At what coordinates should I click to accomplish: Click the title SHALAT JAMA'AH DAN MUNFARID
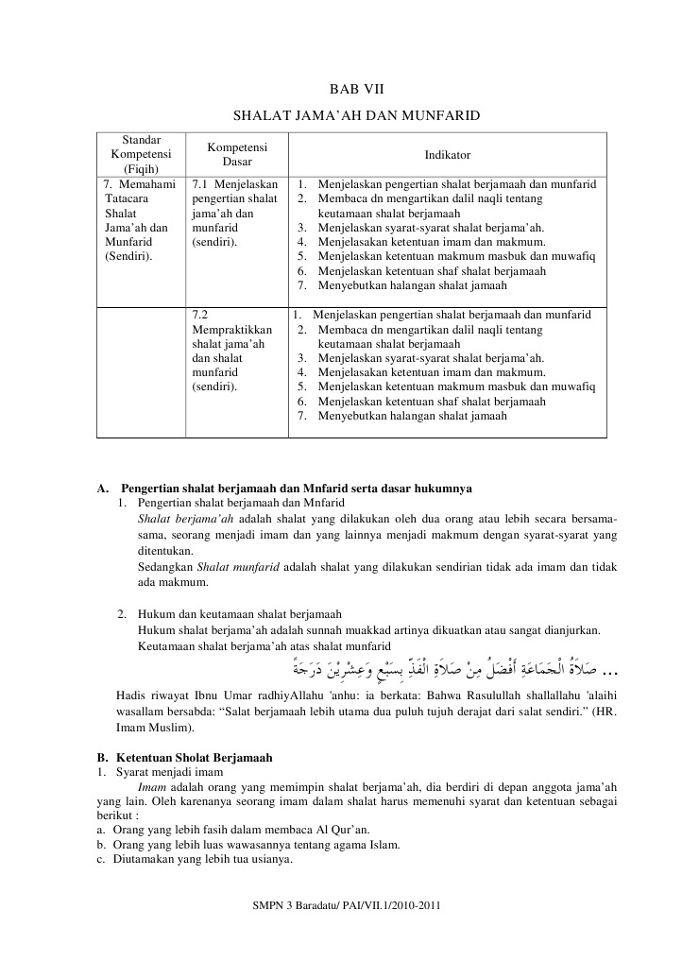point(356,116)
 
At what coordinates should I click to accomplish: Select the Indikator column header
point(447,154)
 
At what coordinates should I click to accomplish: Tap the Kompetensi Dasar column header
point(236,154)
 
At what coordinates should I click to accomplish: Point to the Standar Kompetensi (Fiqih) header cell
point(141,154)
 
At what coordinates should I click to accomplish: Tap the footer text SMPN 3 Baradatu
point(347,905)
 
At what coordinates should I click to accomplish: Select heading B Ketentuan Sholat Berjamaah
point(194,758)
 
